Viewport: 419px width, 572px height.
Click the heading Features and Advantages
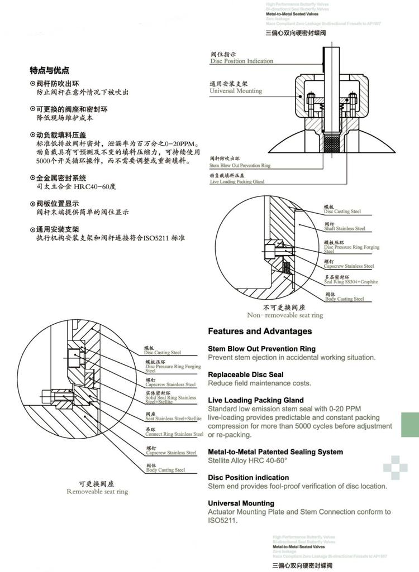260,331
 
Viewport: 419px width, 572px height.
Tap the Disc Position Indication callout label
241,61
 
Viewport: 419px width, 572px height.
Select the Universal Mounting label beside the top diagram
235,90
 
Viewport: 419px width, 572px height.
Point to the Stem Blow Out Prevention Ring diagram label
240,166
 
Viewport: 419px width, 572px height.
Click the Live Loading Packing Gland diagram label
237,182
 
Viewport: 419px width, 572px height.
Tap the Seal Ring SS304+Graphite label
351,282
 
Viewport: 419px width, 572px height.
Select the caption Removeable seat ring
97,492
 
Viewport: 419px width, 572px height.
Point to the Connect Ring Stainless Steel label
174,434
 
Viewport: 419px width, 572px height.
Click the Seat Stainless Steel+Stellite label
173,418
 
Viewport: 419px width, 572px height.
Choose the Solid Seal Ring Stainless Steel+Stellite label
171,398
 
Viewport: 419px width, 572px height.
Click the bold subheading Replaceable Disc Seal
245,374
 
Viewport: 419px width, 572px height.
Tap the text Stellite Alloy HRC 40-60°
247,460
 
